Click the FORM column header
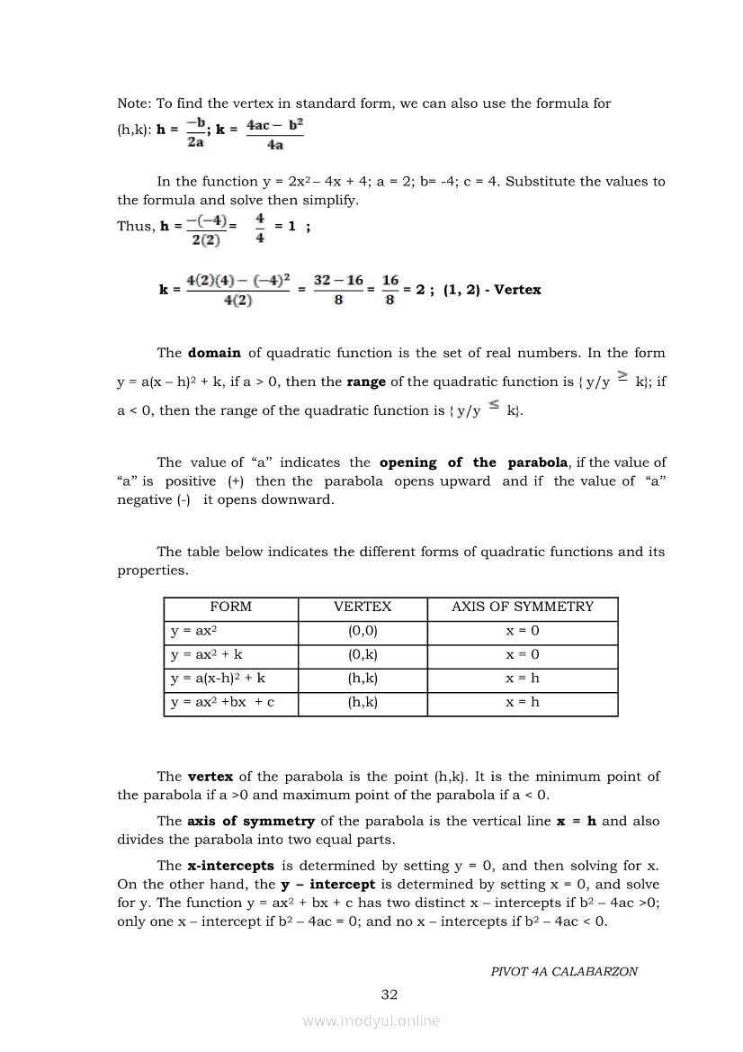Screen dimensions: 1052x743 coord(230,607)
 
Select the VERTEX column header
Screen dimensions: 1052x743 coord(363,607)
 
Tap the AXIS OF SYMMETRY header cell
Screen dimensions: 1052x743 coord(523,607)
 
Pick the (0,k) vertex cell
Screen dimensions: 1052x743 coord(363,655)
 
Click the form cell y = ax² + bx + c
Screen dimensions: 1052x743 coord(222,703)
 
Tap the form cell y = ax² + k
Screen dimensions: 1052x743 coord(206,655)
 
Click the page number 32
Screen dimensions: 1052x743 coord(389,994)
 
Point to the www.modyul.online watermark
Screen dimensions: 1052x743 coord(371,1021)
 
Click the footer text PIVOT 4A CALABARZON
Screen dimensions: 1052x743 coord(564,972)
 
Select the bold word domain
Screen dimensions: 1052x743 coord(214,353)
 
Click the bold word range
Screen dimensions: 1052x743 coord(366,382)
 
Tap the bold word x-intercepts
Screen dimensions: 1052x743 coord(230,866)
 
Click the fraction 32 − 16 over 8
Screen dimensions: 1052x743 coord(338,290)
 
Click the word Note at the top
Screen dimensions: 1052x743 coord(133,103)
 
